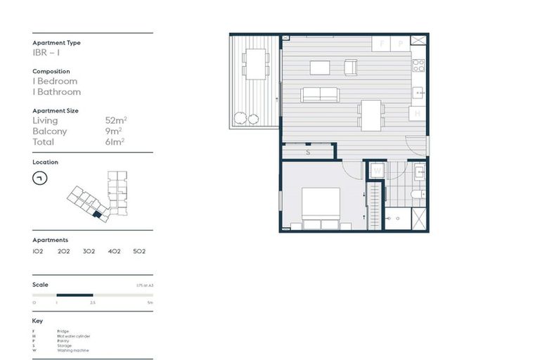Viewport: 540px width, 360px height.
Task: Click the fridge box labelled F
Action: click(x=382, y=44)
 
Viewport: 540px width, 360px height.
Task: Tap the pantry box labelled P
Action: click(x=400, y=44)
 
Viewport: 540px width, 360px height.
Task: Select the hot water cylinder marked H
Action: click(x=418, y=112)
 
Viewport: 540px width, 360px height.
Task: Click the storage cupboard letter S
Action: click(x=308, y=152)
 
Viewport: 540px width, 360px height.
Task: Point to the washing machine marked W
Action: click(x=377, y=171)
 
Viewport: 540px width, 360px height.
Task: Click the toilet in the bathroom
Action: click(x=417, y=193)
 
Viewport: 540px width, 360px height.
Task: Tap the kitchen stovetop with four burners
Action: click(x=418, y=65)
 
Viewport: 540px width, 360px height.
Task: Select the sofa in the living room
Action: click(x=320, y=94)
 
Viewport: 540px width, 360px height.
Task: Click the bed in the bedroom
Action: click(x=321, y=208)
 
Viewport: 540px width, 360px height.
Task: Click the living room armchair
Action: click(x=350, y=67)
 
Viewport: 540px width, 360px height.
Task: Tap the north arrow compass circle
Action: click(x=39, y=178)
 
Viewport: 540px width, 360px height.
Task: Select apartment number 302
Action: click(x=89, y=251)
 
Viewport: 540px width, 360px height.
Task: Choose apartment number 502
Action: click(x=139, y=251)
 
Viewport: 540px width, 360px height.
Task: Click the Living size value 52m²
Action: click(x=115, y=121)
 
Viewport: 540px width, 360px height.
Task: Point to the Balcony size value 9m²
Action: click(x=115, y=131)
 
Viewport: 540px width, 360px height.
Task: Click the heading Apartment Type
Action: click(x=56, y=43)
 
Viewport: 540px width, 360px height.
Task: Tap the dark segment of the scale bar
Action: click(x=75, y=295)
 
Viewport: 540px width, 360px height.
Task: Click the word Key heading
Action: click(x=37, y=321)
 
